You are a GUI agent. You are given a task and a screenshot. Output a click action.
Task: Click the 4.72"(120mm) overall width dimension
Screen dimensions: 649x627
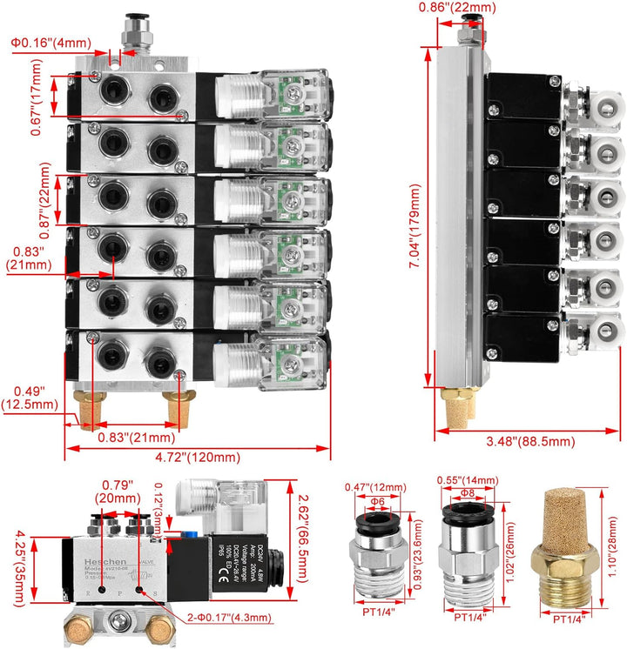[198, 458]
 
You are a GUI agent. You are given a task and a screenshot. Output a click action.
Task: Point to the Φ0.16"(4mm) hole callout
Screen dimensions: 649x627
[51, 42]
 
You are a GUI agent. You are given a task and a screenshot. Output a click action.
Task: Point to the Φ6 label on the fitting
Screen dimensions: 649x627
[376, 501]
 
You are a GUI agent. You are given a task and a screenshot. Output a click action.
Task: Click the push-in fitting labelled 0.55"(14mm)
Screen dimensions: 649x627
[468, 557]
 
